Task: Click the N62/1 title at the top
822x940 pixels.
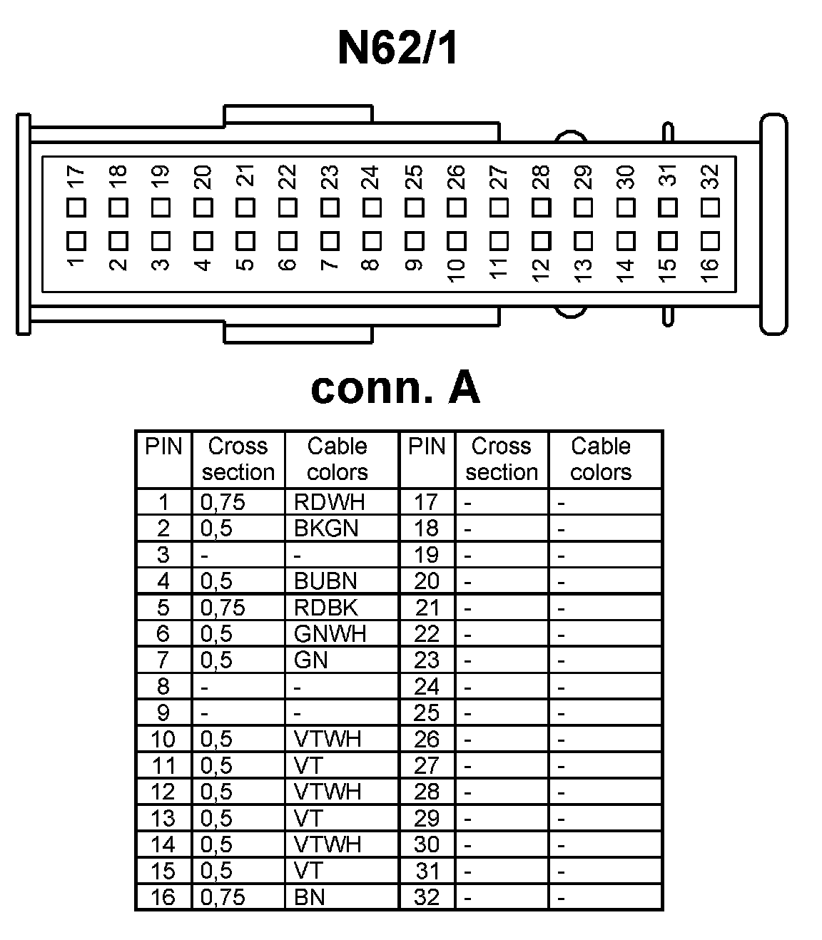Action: pyautogui.click(x=397, y=48)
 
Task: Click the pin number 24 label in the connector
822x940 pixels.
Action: pyautogui.click(x=370, y=177)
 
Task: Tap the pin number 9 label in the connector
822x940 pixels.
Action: pyautogui.click(x=413, y=265)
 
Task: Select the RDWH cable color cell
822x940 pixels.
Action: pyautogui.click(x=329, y=502)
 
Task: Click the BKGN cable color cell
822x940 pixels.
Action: pyautogui.click(x=326, y=528)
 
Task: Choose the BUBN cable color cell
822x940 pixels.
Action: pyautogui.click(x=325, y=581)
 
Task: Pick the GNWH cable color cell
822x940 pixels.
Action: pyautogui.click(x=330, y=633)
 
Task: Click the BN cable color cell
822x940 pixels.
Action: pyautogui.click(x=310, y=896)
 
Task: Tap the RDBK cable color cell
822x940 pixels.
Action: pyautogui.click(x=325, y=608)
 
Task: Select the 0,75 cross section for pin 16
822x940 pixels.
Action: pyautogui.click(x=223, y=896)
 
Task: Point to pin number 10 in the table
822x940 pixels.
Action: pyautogui.click(x=163, y=739)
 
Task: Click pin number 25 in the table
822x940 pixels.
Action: pyautogui.click(x=427, y=712)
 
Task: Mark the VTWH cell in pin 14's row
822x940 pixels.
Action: pyautogui.click(x=328, y=844)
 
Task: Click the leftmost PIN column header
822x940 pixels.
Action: pyautogui.click(x=163, y=446)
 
